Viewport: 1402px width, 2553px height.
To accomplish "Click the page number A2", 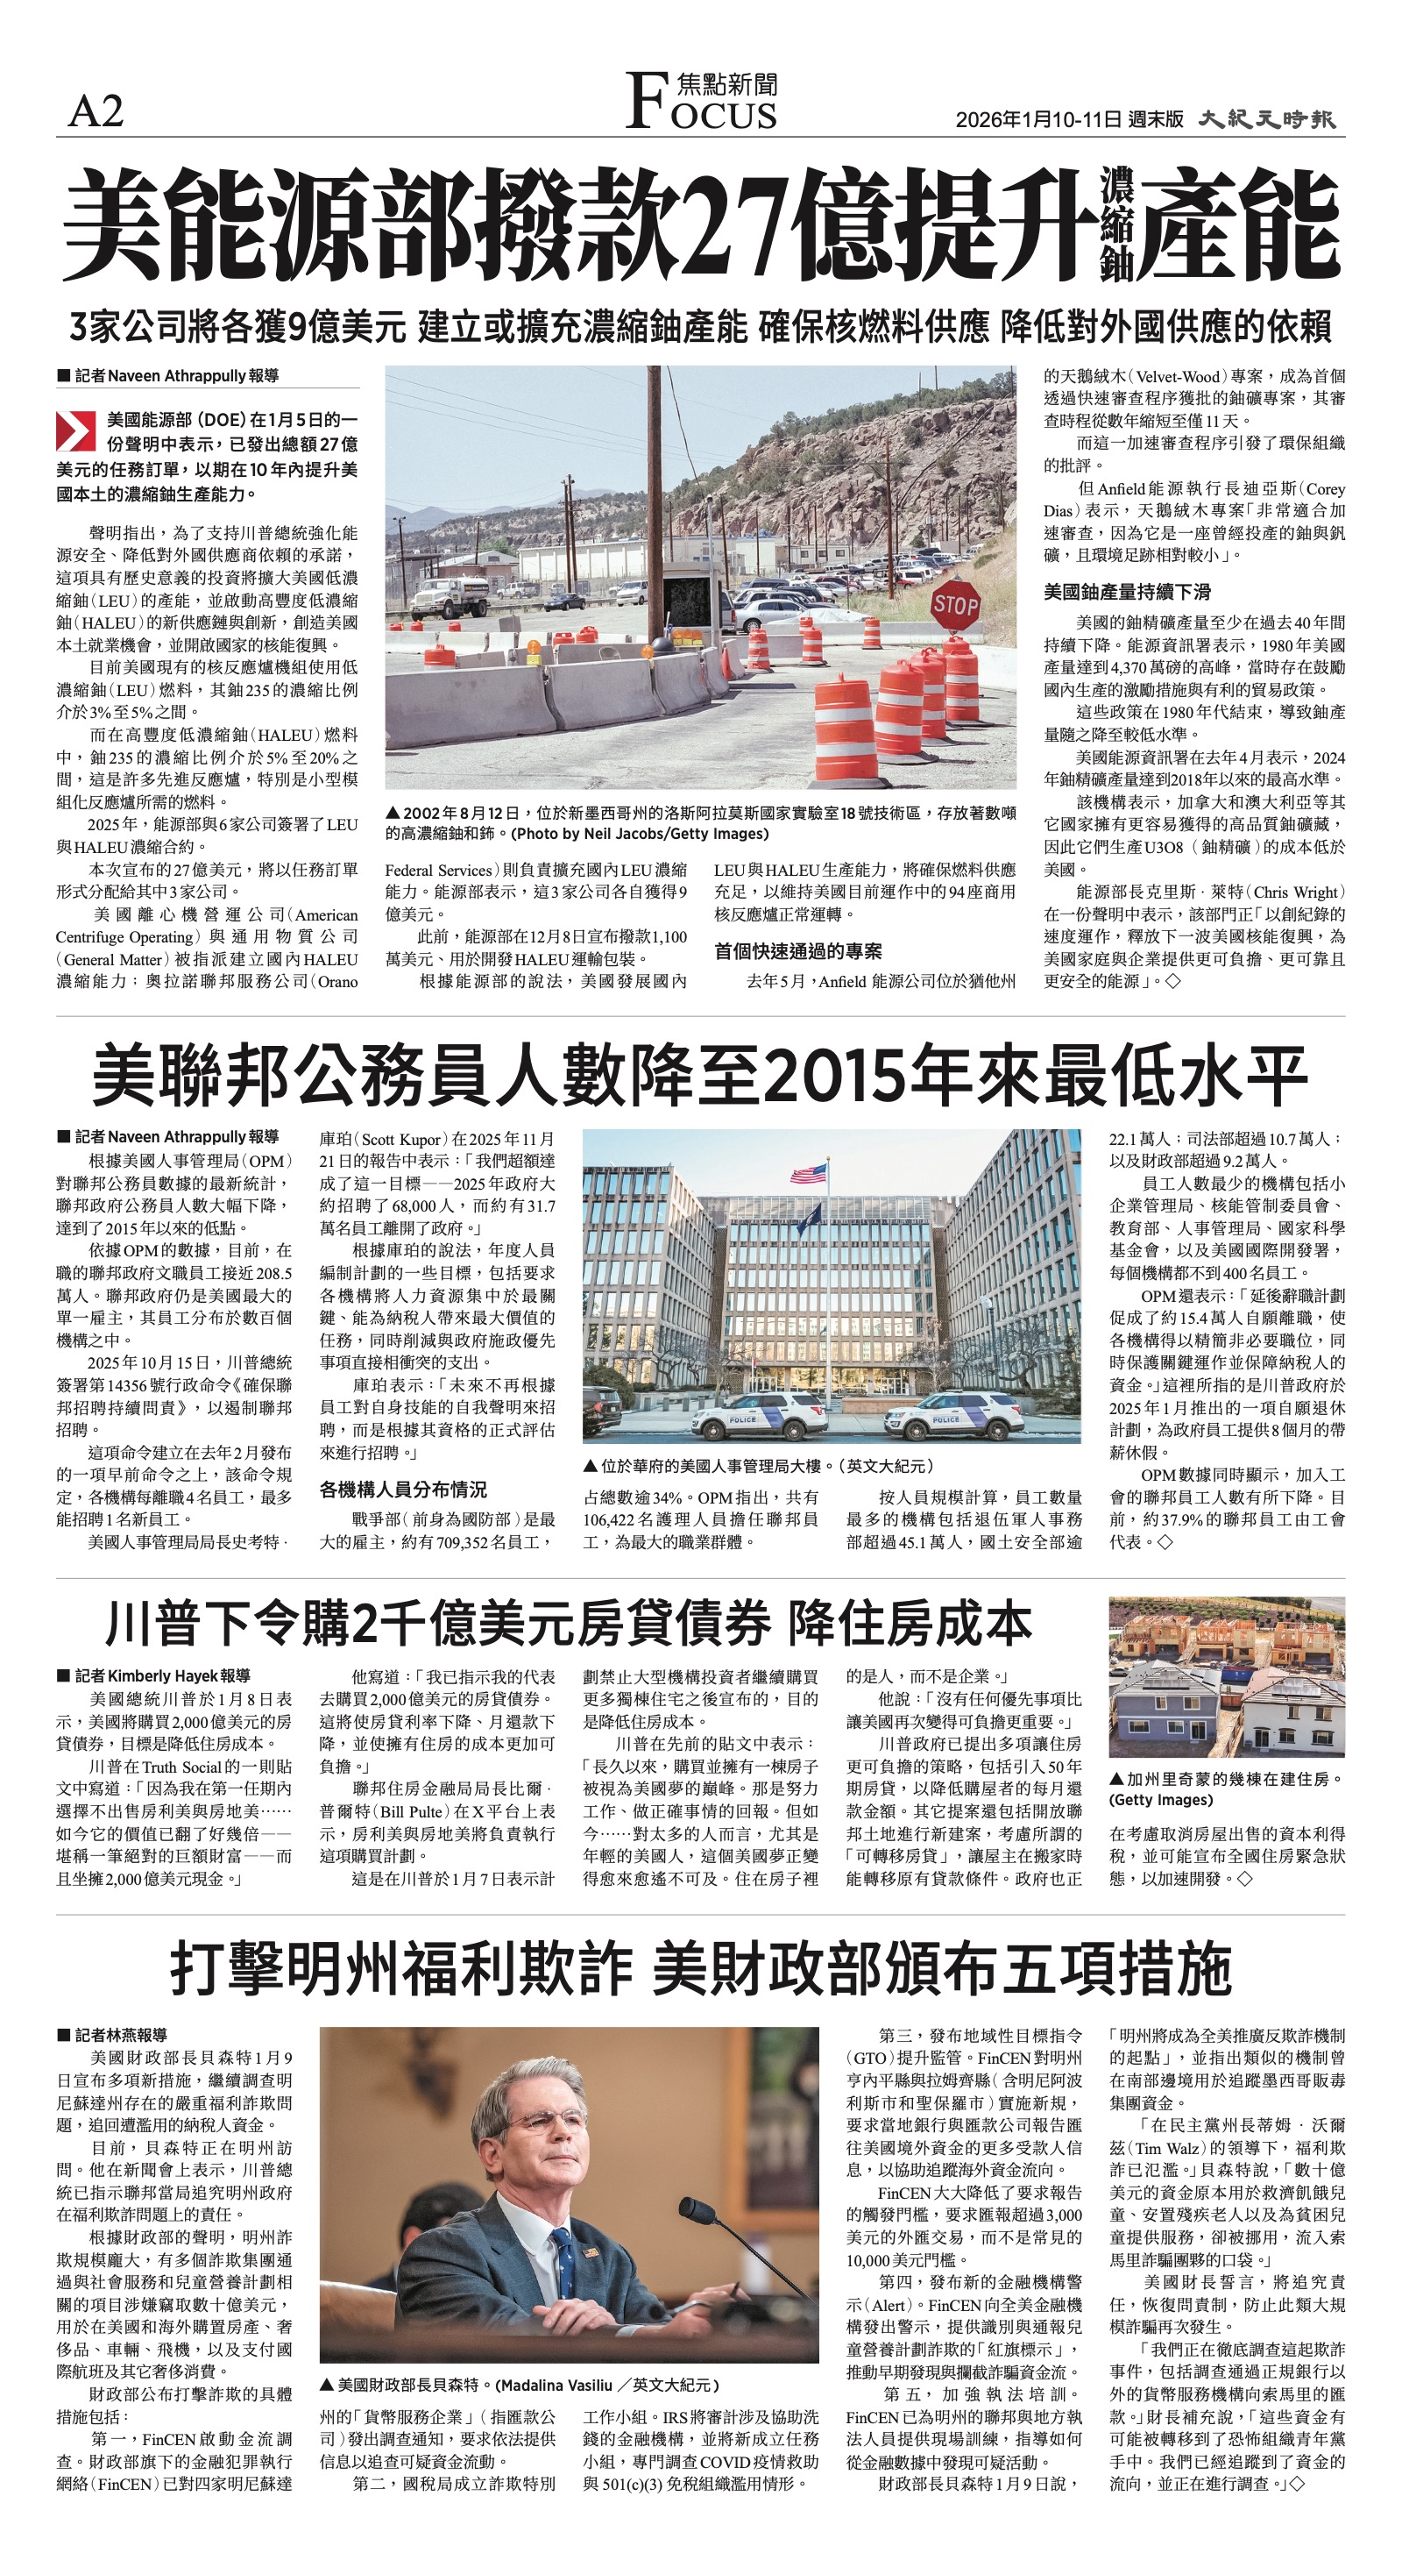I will coord(96,111).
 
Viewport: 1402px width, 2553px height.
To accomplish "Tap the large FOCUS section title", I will coord(702,103).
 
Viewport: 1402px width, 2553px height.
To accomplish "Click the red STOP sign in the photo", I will coord(954,605).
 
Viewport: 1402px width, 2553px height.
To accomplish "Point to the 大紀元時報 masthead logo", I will coord(1267,120).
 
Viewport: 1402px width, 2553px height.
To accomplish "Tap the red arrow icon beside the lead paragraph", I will coord(75,431).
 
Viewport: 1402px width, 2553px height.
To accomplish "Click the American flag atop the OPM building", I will coord(809,1175).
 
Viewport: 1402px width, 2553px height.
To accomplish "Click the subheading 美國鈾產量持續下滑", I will coord(1127,592).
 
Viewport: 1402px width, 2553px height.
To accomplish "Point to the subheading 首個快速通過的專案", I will coord(797,951).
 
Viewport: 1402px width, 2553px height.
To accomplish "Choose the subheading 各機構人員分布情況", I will coord(403,1489).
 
